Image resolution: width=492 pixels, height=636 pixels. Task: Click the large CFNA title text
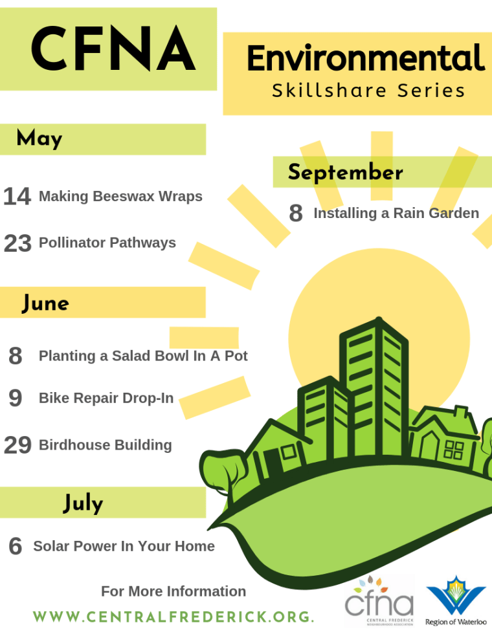[x=113, y=49]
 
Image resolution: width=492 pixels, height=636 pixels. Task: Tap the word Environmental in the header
[x=366, y=58]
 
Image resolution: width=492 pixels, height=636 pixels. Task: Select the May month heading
[x=39, y=138]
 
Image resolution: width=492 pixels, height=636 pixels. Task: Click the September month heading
[x=346, y=172]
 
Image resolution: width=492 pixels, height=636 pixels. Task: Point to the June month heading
[x=45, y=303]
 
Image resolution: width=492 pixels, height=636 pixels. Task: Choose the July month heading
[x=84, y=503]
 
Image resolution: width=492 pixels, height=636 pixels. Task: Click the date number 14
[x=17, y=196]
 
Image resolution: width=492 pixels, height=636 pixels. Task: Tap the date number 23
[x=17, y=243]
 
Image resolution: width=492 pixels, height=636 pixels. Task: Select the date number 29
[x=17, y=445]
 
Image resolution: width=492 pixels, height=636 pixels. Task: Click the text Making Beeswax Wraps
[x=120, y=196]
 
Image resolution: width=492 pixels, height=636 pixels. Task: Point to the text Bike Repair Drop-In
[x=106, y=398]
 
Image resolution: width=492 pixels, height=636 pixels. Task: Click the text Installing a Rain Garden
[x=396, y=214]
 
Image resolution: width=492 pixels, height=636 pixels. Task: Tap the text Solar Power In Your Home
[x=124, y=546]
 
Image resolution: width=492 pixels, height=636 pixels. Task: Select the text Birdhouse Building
[x=105, y=445]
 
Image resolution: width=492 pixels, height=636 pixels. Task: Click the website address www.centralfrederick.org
[x=173, y=617]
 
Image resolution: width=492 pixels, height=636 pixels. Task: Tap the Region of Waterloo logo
[x=456, y=600]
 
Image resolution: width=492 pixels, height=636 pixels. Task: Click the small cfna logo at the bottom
[x=379, y=600]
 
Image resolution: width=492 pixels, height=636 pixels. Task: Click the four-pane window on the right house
[x=454, y=450]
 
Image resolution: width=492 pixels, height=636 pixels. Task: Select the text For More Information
[x=173, y=591]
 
